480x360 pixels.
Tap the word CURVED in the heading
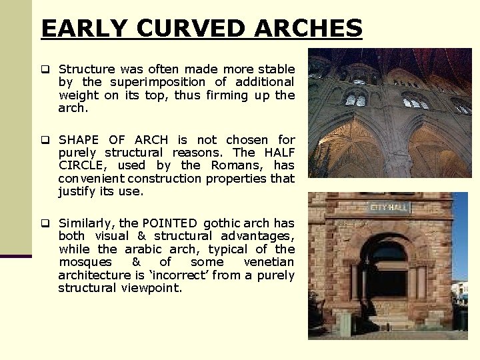(193, 28)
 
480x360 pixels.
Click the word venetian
(269, 262)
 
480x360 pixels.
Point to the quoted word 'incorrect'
(187, 275)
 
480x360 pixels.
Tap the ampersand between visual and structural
(141, 236)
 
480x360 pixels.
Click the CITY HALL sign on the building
(390, 207)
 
